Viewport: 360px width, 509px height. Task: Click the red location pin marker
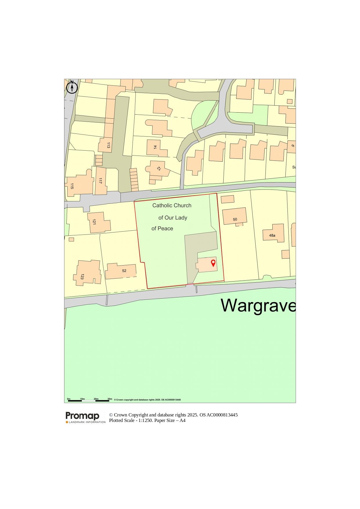tap(213, 263)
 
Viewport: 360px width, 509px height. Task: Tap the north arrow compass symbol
tap(72, 87)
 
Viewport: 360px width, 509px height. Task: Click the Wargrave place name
tap(258, 305)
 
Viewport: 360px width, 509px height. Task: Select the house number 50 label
tap(235, 219)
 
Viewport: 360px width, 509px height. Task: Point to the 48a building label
tap(272, 235)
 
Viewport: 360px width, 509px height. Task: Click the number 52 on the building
tap(124, 271)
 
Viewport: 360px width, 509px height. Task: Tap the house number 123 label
tap(82, 277)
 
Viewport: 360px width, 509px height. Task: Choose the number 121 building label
tap(94, 222)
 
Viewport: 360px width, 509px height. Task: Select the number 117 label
tap(100, 181)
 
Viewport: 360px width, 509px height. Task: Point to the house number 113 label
tap(108, 145)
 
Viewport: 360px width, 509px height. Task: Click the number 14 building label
tap(155, 147)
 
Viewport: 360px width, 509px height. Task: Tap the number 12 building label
tap(159, 169)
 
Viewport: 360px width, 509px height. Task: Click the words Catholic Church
tap(172, 205)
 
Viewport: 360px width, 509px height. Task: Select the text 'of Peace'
tap(162, 229)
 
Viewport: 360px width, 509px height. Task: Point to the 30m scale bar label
tap(110, 399)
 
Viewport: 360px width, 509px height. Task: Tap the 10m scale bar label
tap(82, 399)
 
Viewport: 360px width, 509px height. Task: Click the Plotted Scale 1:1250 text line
tap(147, 420)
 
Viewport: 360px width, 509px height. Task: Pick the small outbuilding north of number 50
tap(227, 199)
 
